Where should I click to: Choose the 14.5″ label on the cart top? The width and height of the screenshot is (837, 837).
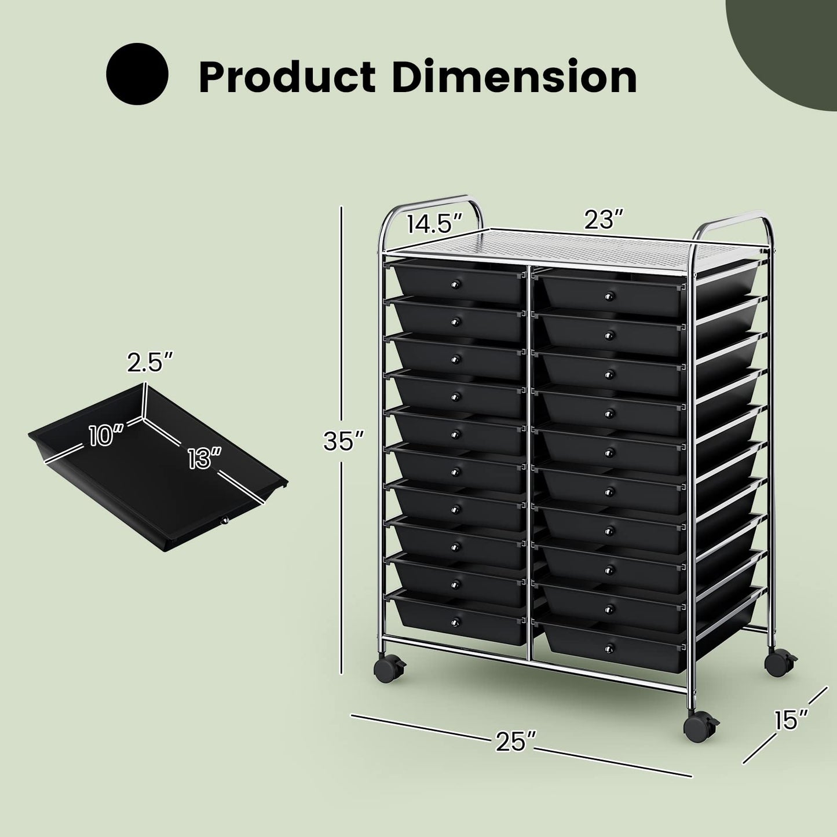pos(434,223)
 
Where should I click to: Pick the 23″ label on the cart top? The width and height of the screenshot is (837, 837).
pos(602,220)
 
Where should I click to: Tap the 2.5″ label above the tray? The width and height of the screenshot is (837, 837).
pos(150,363)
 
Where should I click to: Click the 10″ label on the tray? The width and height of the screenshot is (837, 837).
pos(106,434)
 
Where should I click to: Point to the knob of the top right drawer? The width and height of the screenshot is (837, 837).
pos(609,297)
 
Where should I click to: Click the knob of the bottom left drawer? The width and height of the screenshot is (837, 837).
pos(455,622)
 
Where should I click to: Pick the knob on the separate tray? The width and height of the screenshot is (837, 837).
pos(223,521)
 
